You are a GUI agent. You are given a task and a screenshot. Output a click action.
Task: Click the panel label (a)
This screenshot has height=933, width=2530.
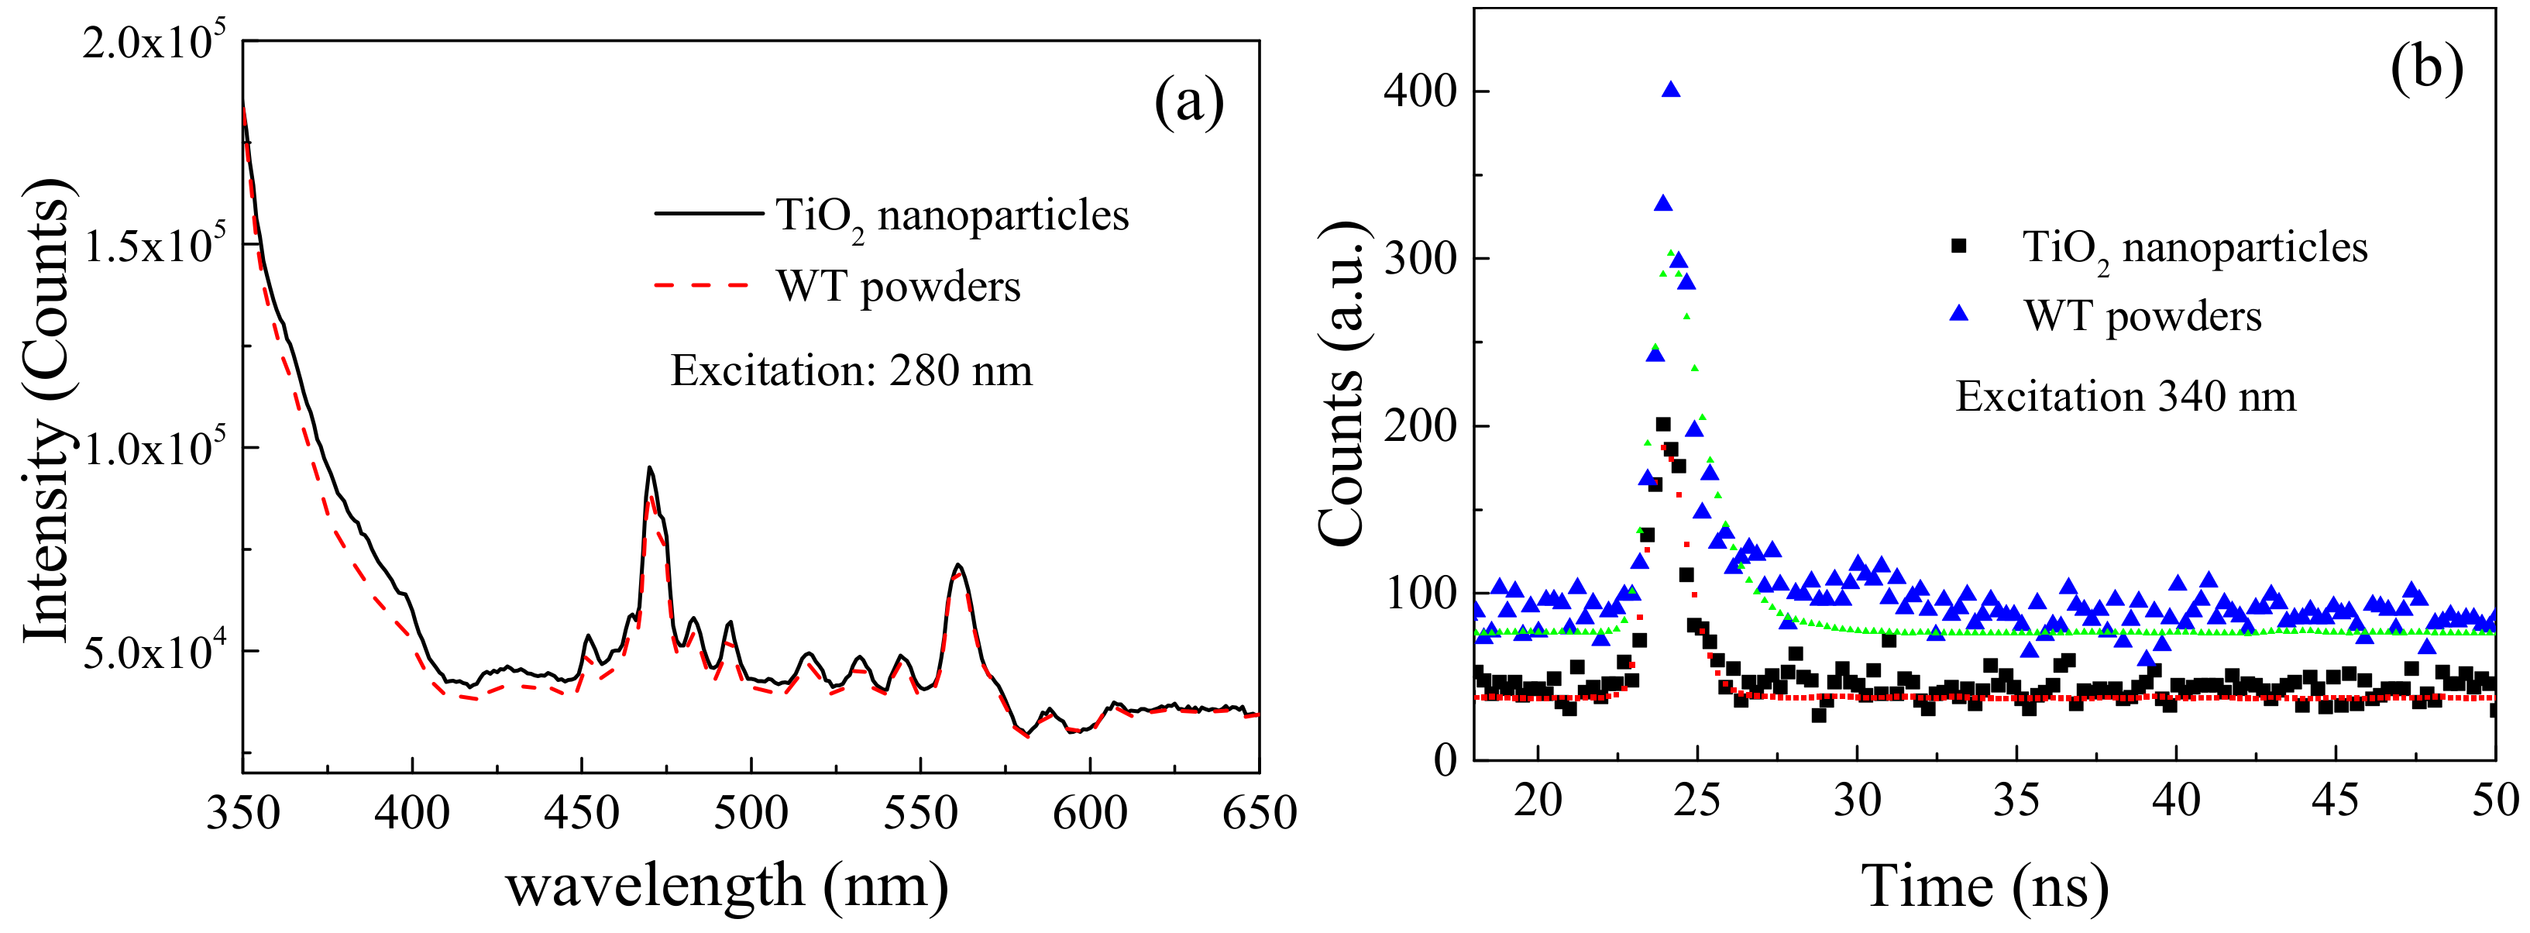click(x=1188, y=102)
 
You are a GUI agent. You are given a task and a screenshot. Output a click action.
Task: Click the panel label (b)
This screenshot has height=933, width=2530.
click(x=2426, y=69)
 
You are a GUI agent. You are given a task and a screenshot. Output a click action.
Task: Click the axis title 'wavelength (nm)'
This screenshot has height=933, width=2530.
click(x=727, y=886)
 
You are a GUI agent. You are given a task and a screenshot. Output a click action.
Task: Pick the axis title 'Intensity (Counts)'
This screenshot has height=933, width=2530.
click(x=46, y=412)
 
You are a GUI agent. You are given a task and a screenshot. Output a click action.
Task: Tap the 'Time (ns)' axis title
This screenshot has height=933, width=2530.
click(x=1984, y=886)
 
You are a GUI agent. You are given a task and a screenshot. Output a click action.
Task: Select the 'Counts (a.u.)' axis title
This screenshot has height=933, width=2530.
click(x=1342, y=383)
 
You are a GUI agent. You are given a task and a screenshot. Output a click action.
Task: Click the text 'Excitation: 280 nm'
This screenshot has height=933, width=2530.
click(x=851, y=371)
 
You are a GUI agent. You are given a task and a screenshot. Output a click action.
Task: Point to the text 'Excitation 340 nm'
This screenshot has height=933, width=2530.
click(x=2126, y=397)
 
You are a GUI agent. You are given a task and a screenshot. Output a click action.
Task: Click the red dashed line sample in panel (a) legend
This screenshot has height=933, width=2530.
click(x=703, y=286)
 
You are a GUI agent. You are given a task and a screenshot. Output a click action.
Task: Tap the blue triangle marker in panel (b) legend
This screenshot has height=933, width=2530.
click(x=1958, y=315)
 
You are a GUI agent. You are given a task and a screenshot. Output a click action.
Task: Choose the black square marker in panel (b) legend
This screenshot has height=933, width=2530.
click(x=1958, y=246)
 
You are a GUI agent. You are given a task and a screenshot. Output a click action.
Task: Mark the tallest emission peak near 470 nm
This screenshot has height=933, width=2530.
click(x=649, y=470)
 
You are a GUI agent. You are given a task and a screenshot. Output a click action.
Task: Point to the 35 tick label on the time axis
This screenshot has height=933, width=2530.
click(x=2016, y=801)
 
